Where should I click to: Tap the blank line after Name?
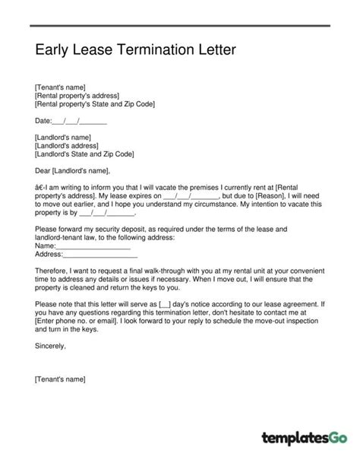[93, 246]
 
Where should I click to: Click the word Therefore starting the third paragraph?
[54, 271]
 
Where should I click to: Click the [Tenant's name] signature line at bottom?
[60, 378]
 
